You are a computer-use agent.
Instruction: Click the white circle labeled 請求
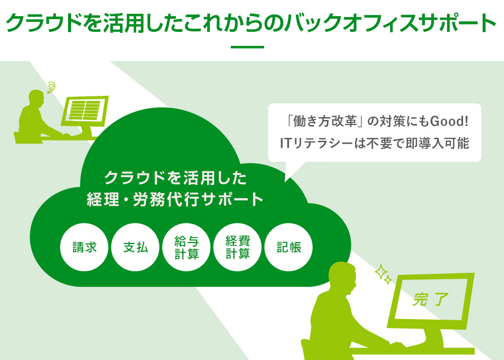pos(84,247)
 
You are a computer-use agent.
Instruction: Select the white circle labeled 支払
pos(135,247)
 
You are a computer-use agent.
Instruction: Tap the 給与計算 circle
pos(186,247)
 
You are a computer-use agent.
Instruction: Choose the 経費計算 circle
pos(237,247)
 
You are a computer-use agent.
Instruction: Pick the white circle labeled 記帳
pos(289,247)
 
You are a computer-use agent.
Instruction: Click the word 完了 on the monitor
pos(430,299)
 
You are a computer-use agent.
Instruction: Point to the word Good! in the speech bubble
pos(449,122)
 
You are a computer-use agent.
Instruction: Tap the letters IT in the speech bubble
pos(285,143)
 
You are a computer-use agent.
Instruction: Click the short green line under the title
pos(247,47)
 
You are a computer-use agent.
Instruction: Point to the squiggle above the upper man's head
pos(51,87)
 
